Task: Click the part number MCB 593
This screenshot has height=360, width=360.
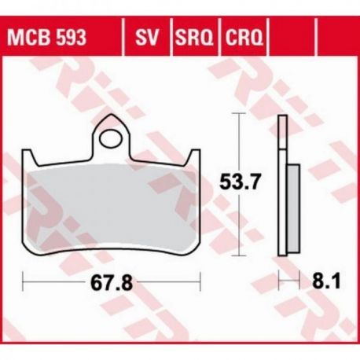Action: [x=46, y=38]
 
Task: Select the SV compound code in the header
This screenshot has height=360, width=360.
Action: [x=147, y=38]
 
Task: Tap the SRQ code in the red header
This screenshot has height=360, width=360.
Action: [x=194, y=38]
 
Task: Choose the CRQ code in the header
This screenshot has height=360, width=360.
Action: [x=244, y=38]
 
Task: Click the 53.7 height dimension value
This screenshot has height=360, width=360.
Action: [x=240, y=182]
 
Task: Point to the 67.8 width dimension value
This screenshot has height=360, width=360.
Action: [x=112, y=283]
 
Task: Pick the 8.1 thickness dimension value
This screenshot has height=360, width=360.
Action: [x=326, y=281]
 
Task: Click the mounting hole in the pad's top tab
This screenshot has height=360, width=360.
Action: [x=111, y=139]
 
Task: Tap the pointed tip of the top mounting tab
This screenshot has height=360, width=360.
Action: [x=112, y=114]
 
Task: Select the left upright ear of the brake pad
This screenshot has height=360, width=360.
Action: [x=29, y=158]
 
